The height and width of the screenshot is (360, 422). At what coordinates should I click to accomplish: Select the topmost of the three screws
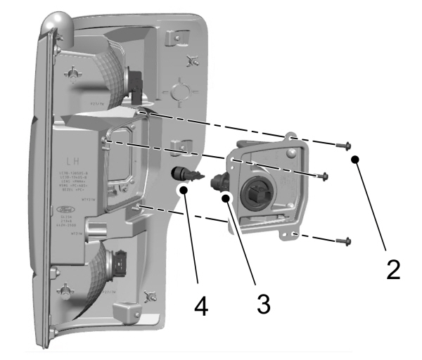pos(342,146)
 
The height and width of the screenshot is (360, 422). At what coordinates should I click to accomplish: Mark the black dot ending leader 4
pos(184,189)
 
